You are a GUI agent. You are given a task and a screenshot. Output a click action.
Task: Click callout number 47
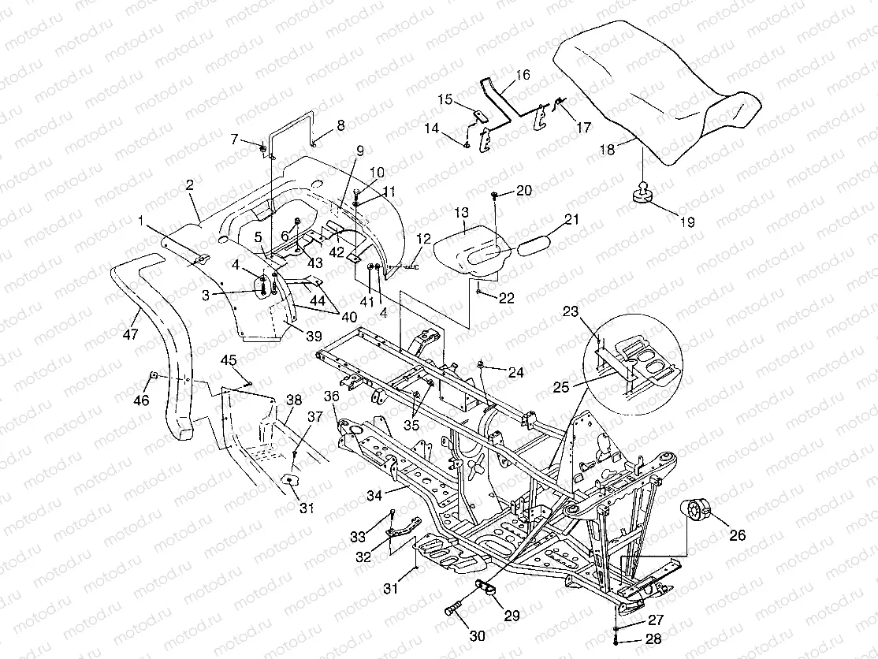pyautogui.click(x=130, y=335)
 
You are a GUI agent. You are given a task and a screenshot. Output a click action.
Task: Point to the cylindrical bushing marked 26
pyautogui.click(x=695, y=510)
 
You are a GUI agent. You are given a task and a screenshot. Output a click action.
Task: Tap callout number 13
pyautogui.click(x=461, y=212)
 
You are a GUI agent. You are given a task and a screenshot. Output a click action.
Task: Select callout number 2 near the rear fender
pyautogui.click(x=189, y=185)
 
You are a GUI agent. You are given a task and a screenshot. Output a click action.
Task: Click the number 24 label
pyautogui.click(x=515, y=372)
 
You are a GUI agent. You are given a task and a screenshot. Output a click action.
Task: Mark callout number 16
pyautogui.click(x=523, y=76)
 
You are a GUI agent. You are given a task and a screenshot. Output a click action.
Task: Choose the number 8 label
pyautogui.click(x=340, y=125)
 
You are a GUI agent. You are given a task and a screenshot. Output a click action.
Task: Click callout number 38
pyautogui.click(x=293, y=400)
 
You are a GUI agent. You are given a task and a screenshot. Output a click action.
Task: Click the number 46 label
pyautogui.click(x=140, y=400)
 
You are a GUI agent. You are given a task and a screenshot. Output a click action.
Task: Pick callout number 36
pyautogui.click(x=331, y=397)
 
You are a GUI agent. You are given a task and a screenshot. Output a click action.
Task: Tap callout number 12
pyautogui.click(x=423, y=239)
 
